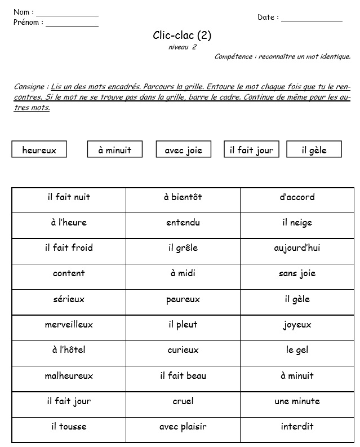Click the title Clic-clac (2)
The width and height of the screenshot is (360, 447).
pos(182,36)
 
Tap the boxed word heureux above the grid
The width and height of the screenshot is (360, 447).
pos(39,150)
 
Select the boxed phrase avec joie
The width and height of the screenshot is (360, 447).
pos(183,150)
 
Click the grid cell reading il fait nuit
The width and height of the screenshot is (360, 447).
pos(69,197)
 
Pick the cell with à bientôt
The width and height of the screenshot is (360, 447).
pos(183,197)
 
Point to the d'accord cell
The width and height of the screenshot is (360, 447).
pos(297,197)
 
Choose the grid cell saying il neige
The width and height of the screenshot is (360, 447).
pos(297,223)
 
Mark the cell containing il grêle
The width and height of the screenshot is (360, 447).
pos(183,248)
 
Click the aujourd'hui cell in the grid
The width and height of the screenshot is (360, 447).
pos(297,248)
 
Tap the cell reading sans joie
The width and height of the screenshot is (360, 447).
pos(297,273)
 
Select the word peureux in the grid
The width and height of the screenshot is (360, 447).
pos(183,299)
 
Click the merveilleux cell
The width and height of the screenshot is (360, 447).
pos(69,325)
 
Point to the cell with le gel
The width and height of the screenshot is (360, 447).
pos(297,350)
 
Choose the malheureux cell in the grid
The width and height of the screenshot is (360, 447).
pos(69,375)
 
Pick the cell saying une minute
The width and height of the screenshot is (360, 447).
pos(297,401)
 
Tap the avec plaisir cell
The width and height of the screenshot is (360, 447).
pos(183,427)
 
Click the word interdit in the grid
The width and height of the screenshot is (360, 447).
pos(297,427)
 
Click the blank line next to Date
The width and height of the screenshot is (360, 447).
pos(312,20)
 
